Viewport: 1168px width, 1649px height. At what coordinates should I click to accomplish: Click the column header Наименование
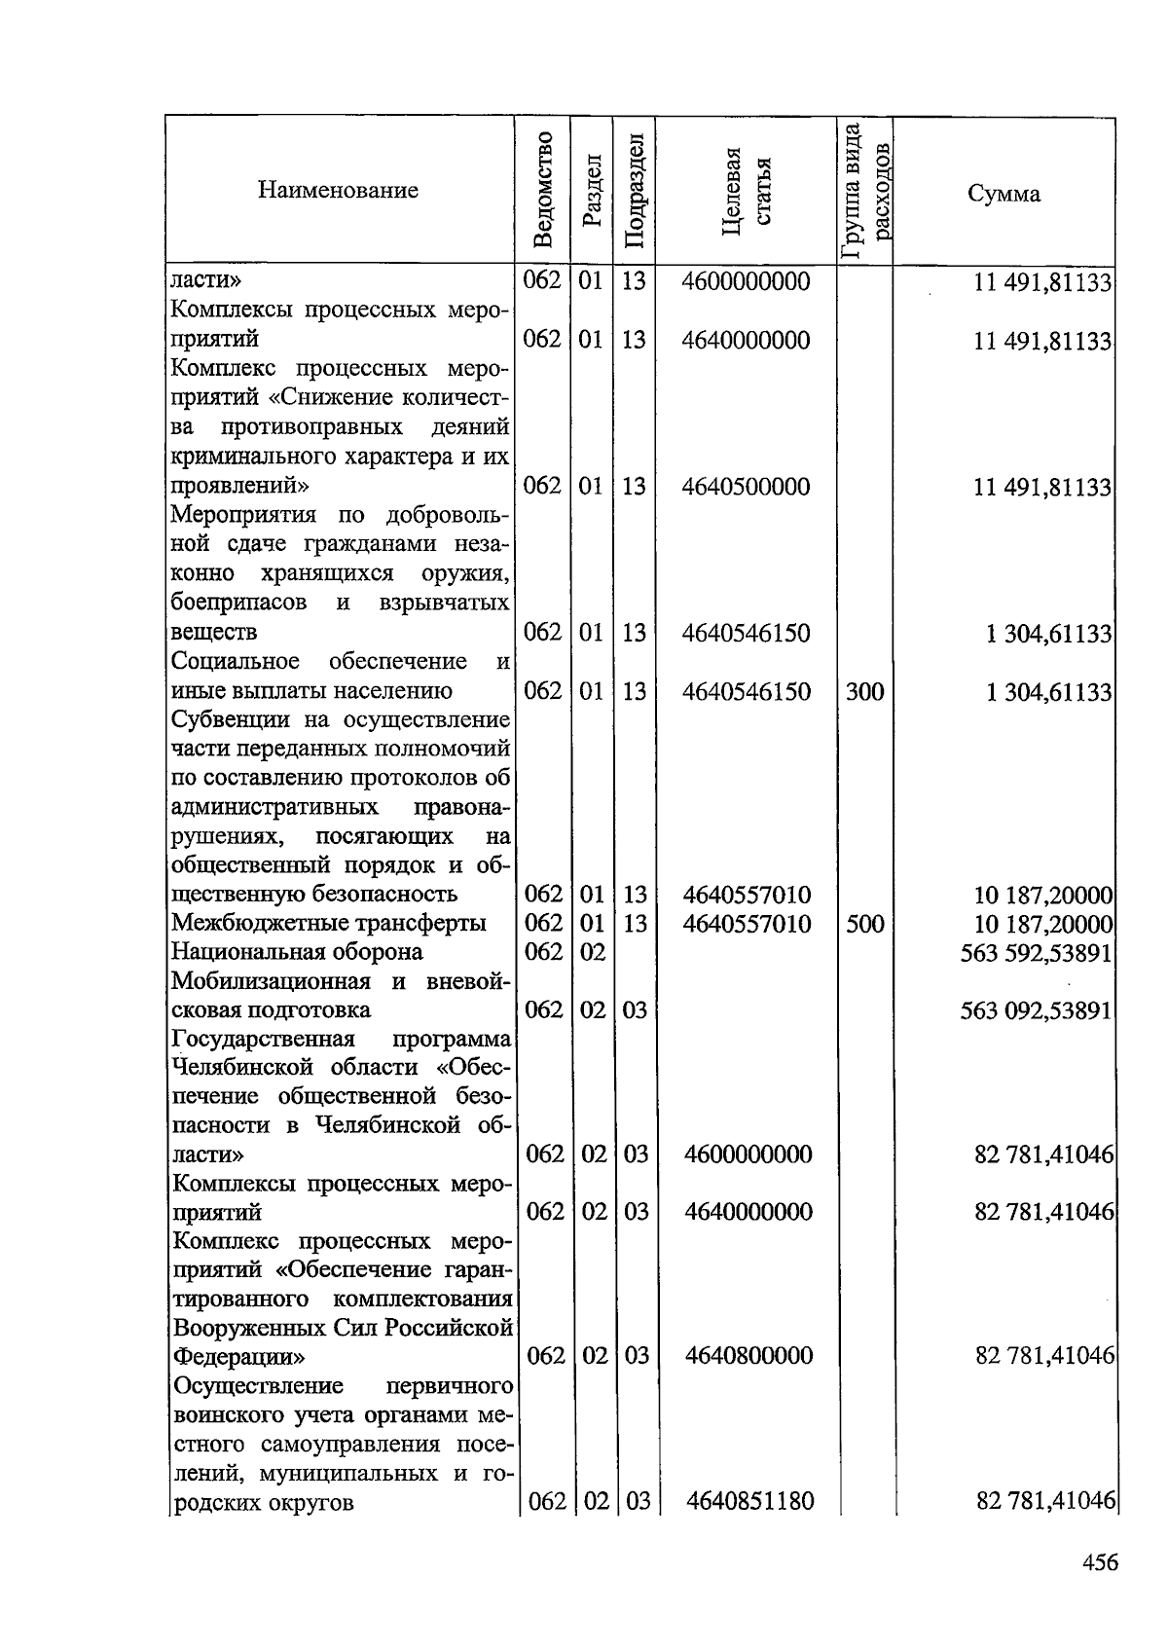[338, 190]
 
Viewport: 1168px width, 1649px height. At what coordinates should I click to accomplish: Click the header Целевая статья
[747, 192]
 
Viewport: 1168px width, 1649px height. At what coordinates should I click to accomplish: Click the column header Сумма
[1004, 194]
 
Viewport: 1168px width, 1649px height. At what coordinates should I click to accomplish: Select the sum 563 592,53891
[1037, 953]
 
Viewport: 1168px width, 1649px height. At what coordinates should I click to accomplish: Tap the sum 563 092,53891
[1037, 1010]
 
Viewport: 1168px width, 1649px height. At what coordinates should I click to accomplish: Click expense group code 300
[864, 691]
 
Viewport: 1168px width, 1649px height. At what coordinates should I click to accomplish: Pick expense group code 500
[864, 924]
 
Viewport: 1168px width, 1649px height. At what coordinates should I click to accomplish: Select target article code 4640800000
[748, 1356]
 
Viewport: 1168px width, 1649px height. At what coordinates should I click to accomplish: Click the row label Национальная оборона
[297, 951]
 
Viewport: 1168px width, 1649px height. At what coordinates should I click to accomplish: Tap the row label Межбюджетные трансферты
[329, 923]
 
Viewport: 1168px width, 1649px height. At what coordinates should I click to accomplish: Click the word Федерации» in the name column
[238, 1356]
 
